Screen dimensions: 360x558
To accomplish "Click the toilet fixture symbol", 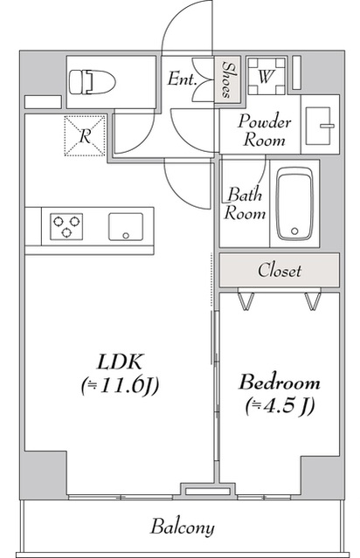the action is point(93,82).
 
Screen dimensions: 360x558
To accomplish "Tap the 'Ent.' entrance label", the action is point(182,79).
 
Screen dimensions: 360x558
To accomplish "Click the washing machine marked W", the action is point(267,77).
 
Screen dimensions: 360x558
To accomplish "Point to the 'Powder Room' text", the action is point(264,130).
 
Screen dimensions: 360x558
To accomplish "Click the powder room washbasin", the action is point(320,126).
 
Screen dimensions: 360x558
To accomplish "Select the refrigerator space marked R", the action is point(85,135).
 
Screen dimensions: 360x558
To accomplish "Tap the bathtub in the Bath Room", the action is point(294,203).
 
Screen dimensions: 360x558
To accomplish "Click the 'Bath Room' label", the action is point(245,203).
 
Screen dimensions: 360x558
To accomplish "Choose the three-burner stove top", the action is point(66,226).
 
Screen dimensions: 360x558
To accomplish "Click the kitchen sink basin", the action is point(126,227).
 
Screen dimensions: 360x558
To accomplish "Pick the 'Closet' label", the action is point(280,270).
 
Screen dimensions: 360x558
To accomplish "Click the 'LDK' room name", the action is point(121,362).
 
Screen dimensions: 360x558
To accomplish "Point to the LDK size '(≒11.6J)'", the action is point(120,386).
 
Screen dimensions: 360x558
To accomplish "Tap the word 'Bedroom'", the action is point(280,382).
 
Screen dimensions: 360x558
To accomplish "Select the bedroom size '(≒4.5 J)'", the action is point(280,406).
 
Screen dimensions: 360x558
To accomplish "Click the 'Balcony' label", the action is point(183,527).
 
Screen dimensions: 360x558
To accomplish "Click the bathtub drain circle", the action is point(294,231).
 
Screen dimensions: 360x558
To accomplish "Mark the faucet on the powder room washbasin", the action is point(328,126).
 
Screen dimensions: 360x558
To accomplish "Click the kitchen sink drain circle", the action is point(126,235).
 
